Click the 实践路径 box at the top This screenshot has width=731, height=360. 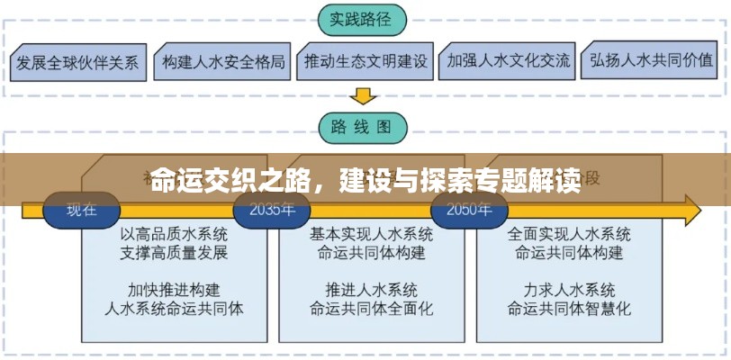[362, 17]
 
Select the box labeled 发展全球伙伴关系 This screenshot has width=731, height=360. [77, 62]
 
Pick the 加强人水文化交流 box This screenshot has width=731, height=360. [507, 62]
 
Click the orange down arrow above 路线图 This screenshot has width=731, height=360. [362, 94]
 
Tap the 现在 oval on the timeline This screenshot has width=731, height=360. [81, 211]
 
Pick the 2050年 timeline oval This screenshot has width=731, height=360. [462, 211]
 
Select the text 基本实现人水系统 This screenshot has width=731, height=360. [370, 234]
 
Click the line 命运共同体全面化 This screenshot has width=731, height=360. [370, 308]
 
